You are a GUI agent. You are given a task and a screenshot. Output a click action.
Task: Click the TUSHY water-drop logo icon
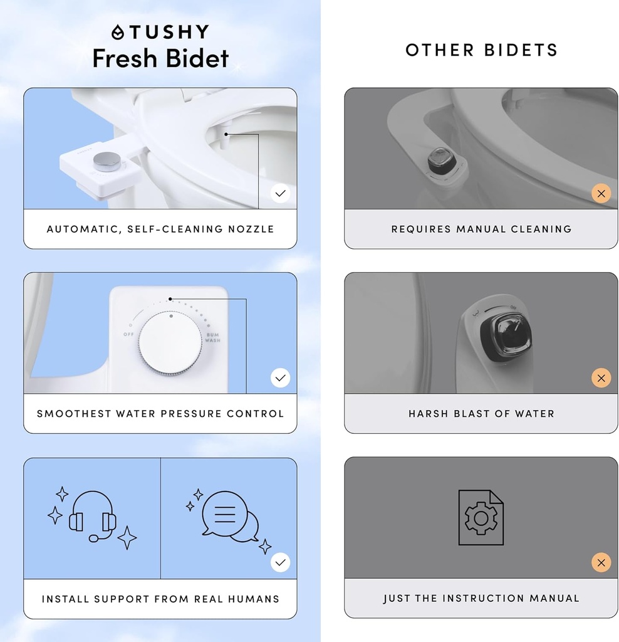tap(118, 33)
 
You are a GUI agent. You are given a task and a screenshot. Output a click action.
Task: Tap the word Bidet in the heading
tap(195, 58)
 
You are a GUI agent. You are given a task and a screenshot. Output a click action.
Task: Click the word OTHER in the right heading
tap(439, 51)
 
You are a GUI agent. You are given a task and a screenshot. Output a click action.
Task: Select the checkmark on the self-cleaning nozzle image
tap(281, 193)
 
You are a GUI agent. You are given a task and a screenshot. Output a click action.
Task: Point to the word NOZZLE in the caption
tap(251, 229)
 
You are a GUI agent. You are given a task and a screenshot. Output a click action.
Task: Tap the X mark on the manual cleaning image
tap(601, 193)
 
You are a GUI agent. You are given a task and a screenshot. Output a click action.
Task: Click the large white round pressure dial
tap(170, 344)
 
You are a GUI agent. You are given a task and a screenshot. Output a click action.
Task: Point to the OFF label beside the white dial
tap(129, 334)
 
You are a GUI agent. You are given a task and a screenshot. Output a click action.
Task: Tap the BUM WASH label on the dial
tap(213, 337)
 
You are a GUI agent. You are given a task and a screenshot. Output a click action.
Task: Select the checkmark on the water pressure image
tap(281, 378)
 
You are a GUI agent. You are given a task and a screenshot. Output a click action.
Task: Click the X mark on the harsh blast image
tap(601, 378)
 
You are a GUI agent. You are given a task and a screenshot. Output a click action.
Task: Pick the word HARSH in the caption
tap(430, 414)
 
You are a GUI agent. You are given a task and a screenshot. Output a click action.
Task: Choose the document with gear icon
tap(481, 518)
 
